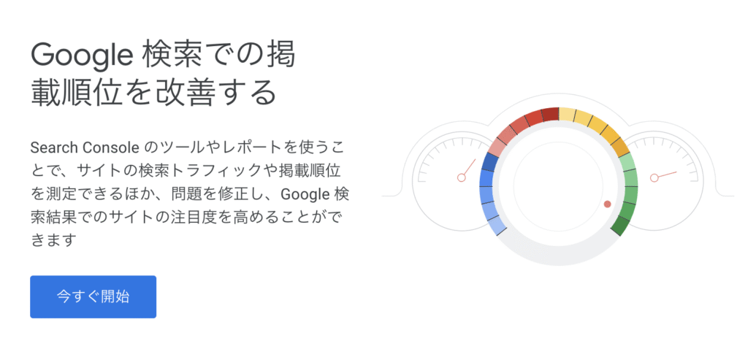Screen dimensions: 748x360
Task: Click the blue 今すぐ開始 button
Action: pos(93,296)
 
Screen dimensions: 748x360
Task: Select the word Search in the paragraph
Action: pos(53,148)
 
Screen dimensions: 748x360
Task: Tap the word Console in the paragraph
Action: pos(108,148)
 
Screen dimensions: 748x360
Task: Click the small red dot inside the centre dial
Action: pos(607,204)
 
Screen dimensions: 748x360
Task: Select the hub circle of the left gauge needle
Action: pos(461,178)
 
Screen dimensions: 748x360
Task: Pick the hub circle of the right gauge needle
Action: pos(654,178)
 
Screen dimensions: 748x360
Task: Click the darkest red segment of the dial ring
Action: pos(550,115)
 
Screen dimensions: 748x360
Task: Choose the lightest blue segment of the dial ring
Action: pos(497,226)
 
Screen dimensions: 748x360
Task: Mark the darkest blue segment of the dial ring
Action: pos(490,163)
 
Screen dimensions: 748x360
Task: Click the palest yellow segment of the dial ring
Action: pos(567,115)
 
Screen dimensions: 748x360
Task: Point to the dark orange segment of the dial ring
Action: pos(620,147)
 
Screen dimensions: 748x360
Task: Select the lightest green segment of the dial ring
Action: pos(627,163)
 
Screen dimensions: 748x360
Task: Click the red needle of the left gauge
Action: pos(470,167)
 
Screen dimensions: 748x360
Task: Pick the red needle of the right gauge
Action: pos(667,175)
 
